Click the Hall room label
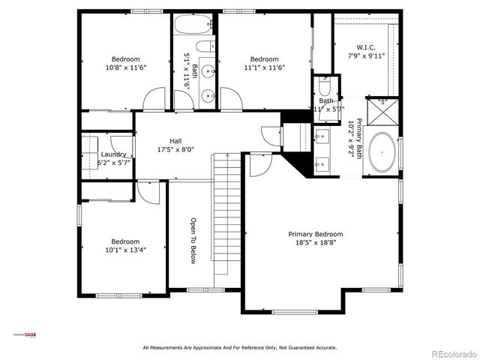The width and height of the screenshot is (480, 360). [175, 141]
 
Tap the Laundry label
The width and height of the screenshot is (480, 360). [112, 154]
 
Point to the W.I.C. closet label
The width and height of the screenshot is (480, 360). [365, 46]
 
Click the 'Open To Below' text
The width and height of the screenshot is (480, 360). [193, 241]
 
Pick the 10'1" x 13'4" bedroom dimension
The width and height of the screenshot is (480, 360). [125, 250]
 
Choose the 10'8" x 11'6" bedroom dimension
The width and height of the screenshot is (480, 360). [125, 67]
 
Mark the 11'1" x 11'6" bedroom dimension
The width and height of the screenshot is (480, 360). [264, 67]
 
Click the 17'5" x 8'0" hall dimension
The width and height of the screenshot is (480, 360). [175, 149]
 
